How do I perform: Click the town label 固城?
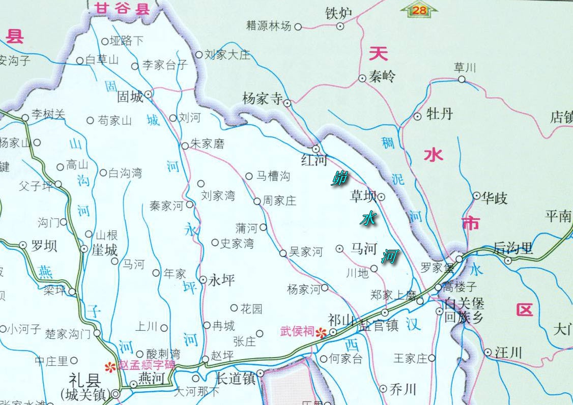130,96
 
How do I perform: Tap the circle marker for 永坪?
203,280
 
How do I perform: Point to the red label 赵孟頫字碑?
146,365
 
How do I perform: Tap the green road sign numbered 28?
419,10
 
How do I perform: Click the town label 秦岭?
383,77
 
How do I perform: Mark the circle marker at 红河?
316,149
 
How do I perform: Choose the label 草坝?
363,196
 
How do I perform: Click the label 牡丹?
440,114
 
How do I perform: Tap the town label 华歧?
494,198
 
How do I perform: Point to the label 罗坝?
44,246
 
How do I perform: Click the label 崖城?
105,250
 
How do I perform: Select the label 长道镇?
235,379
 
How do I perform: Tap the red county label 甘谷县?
123,9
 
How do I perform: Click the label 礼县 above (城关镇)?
85,381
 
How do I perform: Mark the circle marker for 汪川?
488,352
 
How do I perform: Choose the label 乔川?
403,390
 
